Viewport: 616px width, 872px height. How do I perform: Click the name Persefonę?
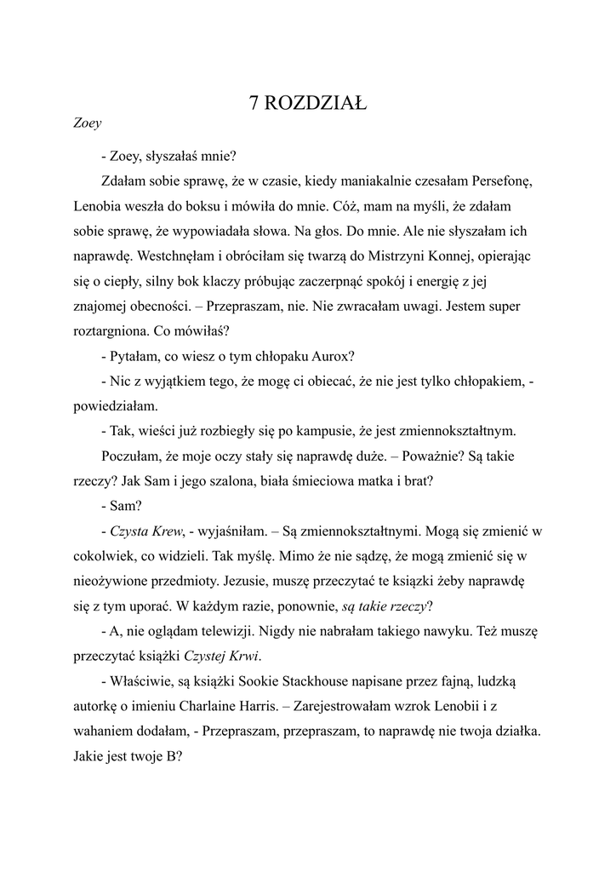point(500,181)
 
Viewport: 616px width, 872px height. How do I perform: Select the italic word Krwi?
point(241,655)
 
